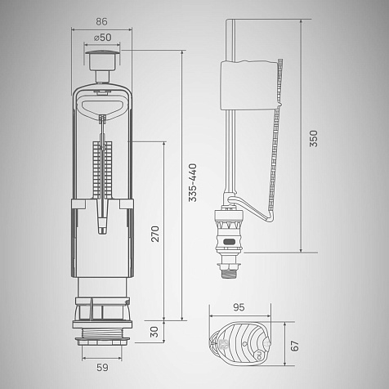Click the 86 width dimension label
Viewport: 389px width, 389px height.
tap(101, 22)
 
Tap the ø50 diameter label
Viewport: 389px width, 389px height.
tap(102, 38)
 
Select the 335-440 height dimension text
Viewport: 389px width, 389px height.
tap(193, 182)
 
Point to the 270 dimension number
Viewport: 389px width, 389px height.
tap(155, 234)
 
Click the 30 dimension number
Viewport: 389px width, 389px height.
tap(154, 332)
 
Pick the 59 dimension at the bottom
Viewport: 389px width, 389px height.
tap(102, 368)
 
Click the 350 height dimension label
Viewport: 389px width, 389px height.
tap(314, 139)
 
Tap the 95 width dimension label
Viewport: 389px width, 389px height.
tap(239, 307)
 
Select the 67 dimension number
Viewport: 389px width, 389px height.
tap(295, 346)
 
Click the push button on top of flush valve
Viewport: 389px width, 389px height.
tap(102, 60)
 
